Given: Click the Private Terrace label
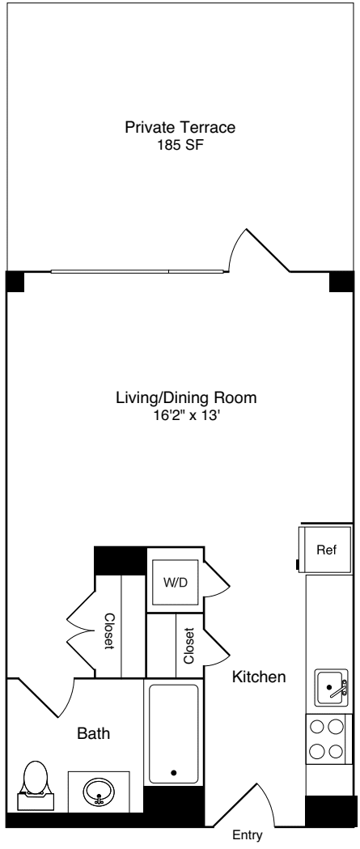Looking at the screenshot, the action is (180, 128).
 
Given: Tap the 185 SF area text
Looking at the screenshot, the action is (180, 146).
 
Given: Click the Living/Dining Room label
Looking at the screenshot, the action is (186, 398).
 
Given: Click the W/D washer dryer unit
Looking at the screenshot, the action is (174, 582).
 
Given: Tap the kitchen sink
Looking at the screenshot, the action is (332, 687).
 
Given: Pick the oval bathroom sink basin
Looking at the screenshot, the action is (99, 792).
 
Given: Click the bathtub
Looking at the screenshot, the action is (174, 734).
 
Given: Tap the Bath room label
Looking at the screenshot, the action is (94, 734).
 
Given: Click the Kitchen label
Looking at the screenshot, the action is (259, 677).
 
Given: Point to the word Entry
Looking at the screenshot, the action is (248, 835).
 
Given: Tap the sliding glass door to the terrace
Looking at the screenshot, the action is (138, 271).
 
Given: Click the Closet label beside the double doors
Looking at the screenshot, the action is (109, 630).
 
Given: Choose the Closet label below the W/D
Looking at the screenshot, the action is (189, 645).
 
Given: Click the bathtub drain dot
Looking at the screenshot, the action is (174, 773).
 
